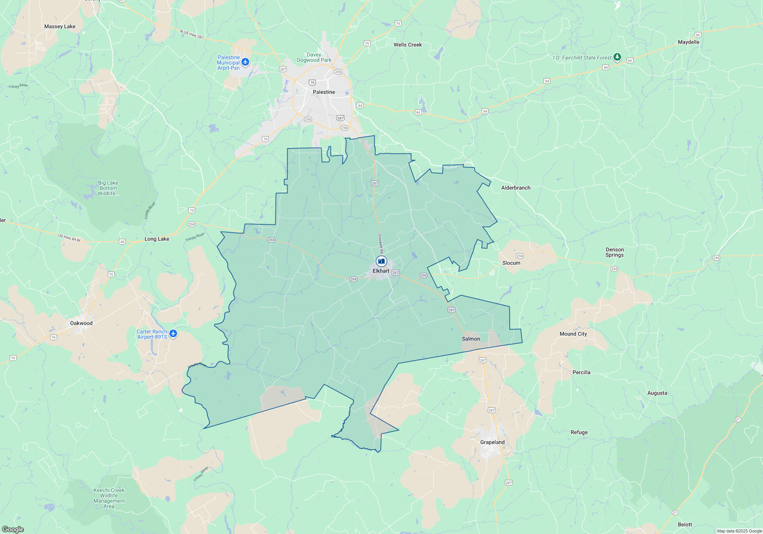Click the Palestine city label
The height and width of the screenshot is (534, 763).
click(x=324, y=92)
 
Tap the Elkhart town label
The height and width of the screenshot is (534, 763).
click(x=381, y=271)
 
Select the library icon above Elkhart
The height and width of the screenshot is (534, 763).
click(x=381, y=261)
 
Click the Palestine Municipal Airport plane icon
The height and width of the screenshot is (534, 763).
click(x=245, y=62)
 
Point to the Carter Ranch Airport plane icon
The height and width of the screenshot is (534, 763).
click(x=173, y=334)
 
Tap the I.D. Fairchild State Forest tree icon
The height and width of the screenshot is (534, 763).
click(x=617, y=57)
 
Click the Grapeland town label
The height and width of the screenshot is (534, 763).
click(x=492, y=442)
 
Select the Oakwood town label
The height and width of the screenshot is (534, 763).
click(x=81, y=323)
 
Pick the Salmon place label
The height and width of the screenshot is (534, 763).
click(x=471, y=339)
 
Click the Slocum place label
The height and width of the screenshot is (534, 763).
click(x=511, y=263)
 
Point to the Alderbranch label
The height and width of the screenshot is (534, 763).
click(x=516, y=188)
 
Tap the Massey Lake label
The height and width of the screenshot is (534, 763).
click(x=60, y=26)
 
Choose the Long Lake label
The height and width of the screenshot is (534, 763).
click(x=157, y=239)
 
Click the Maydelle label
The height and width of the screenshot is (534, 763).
click(x=689, y=42)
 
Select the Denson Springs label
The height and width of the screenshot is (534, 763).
click(x=615, y=252)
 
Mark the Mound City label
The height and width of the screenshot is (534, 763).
click(x=573, y=334)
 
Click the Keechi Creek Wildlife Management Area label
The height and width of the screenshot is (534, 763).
click(x=109, y=498)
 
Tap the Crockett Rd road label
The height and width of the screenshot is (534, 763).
click(x=380, y=244)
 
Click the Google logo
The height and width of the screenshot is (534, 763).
click(x=13, y=529)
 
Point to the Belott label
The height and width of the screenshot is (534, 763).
click(x=685, y=524)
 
